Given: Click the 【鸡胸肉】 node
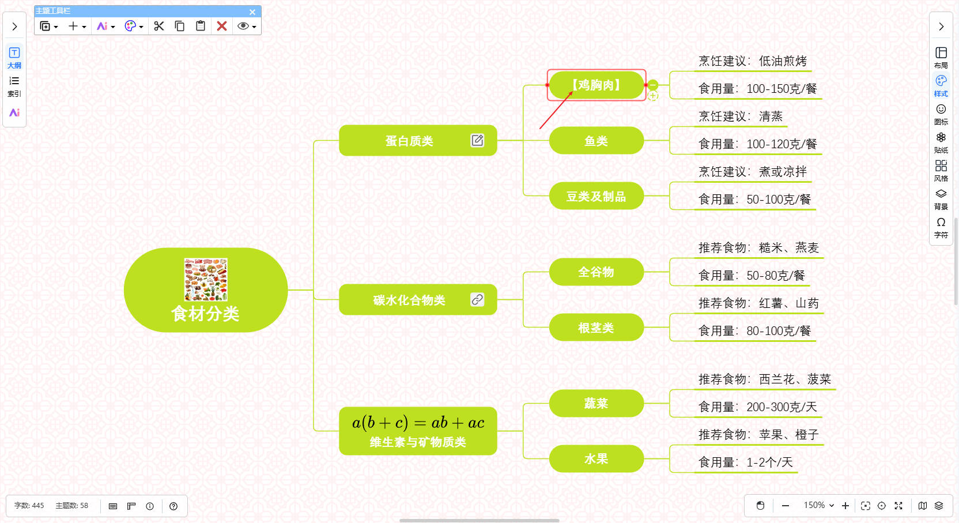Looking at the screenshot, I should coord(596,85).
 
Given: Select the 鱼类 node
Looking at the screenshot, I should coord(596,141).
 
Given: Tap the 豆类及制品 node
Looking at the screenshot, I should coord(596,196).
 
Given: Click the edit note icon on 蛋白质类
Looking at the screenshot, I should coord(477,140).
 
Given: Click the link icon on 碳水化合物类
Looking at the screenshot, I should coord(477,299).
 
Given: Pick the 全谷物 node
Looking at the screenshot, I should coord(596,272).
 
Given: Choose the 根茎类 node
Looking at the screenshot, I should coord(596,328).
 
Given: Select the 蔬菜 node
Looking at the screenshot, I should coord(596,403).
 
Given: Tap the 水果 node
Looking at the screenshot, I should coord(596,458).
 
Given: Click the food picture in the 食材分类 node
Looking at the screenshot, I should coord(206,280).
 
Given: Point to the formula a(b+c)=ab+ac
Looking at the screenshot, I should coord(418,423).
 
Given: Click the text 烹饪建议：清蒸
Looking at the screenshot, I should coord(741,116).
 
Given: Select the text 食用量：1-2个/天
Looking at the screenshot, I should coord(746,462).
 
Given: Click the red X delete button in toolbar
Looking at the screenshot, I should coord(222,26).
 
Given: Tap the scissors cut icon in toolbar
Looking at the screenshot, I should coord(159,26).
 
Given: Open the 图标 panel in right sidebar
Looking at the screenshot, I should coord(941,114).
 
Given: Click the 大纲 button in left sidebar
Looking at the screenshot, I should coord(14,57).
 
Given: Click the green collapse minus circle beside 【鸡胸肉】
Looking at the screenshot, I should coord(653,85).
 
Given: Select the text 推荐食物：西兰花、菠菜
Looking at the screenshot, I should coord(764,379).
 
